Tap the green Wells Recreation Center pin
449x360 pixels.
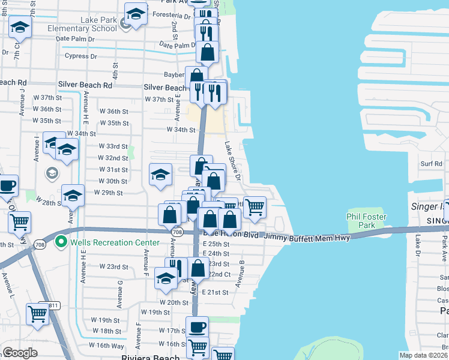coord(60,242)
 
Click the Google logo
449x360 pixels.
coord(20,353)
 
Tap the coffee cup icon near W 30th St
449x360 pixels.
coord(7,186)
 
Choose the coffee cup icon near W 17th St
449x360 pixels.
coord(197,328)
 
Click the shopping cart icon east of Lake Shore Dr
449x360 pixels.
coord(255,208)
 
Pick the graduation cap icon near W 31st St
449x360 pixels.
coord(160,175)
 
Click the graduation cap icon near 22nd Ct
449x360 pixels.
coord(166,278)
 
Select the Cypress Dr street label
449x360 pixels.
coord(81,56)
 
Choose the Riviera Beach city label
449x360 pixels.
coord(150,358)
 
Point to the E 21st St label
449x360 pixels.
coord(215,292)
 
